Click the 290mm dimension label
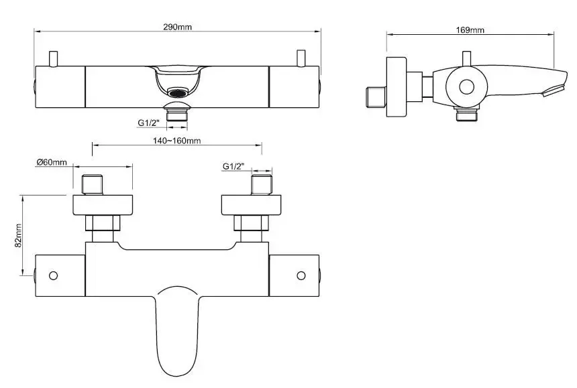pos(177,27)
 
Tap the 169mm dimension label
pos(470,30)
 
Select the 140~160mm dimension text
pos(177,141)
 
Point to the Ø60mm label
pos(52,162)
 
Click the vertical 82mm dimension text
pos(18,235)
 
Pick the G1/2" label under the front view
pos(149,123)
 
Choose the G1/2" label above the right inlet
pos(233,166)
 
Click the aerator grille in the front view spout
pos(177,92)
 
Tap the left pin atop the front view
pos(54,59)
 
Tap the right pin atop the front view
pos(301,59)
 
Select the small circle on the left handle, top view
pos(54,275)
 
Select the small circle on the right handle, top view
pos(301,275)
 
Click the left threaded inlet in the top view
pos(92,185)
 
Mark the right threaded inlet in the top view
pos(262,185)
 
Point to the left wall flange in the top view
pos(103,205)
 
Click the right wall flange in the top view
pos(252,205)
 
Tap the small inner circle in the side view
pos(466,87)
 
